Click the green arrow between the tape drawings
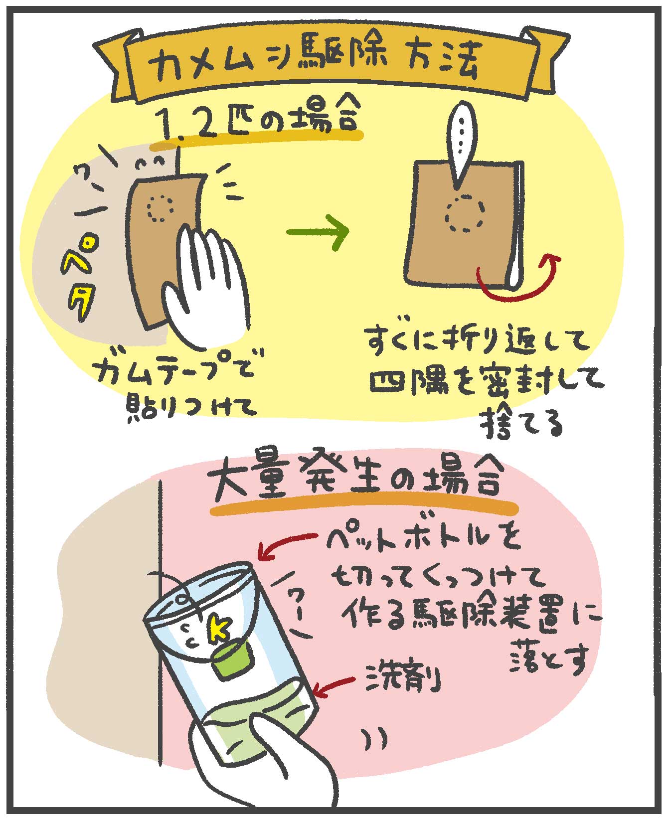[318, 230]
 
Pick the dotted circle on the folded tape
[465, 213]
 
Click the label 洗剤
[404, 678]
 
